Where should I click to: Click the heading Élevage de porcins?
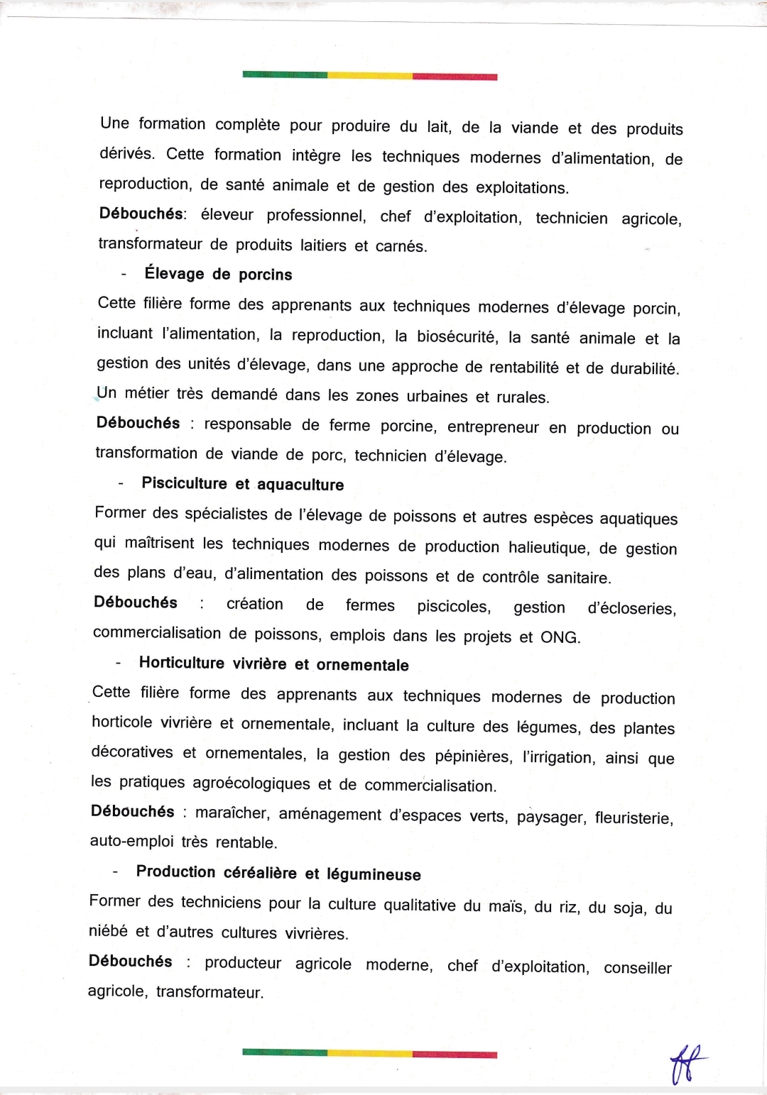tap(218, 274)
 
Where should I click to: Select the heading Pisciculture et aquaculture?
tap(242, 484)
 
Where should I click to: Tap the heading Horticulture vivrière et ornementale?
tap(273, 664)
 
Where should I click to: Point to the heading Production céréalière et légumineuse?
tap(278, 873)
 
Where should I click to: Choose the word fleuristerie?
tap(633, 818)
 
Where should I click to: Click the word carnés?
tap(401, 247)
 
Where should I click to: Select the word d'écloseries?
tap(631, 608)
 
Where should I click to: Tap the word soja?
tap(628, 908)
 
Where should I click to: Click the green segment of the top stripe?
tap(285, 75)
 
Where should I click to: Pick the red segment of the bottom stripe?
tap(455, 1054)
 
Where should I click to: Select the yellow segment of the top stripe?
tap(369, 75)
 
